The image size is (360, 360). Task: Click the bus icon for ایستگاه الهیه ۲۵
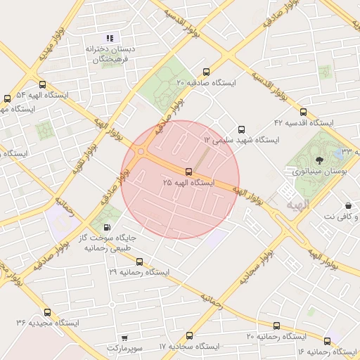coord(188,172)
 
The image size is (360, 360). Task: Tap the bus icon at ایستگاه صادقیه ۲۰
coord(206,72)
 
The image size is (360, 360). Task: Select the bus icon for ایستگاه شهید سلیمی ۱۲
coord(242,129)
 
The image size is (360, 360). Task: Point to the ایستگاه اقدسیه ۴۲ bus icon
coord(303,111)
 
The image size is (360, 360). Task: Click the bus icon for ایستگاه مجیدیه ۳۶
coord(47,312)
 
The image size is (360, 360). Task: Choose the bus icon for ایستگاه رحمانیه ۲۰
coord(276,326)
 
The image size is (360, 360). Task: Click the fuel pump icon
coord(106,226)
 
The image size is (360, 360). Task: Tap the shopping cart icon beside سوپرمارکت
coord(125,338)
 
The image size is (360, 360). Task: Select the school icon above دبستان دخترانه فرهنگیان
coord(109,37)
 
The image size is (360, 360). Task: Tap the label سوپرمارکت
coord(124,348)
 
